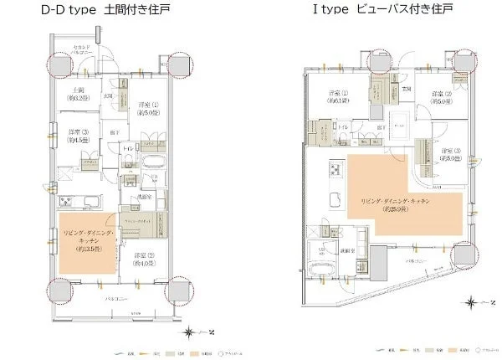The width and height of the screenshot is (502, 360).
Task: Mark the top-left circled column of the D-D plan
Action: pyautogui.click(x=59, y=65)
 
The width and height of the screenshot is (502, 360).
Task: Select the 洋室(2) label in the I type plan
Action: pyautogui.click(x=441, y=96)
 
